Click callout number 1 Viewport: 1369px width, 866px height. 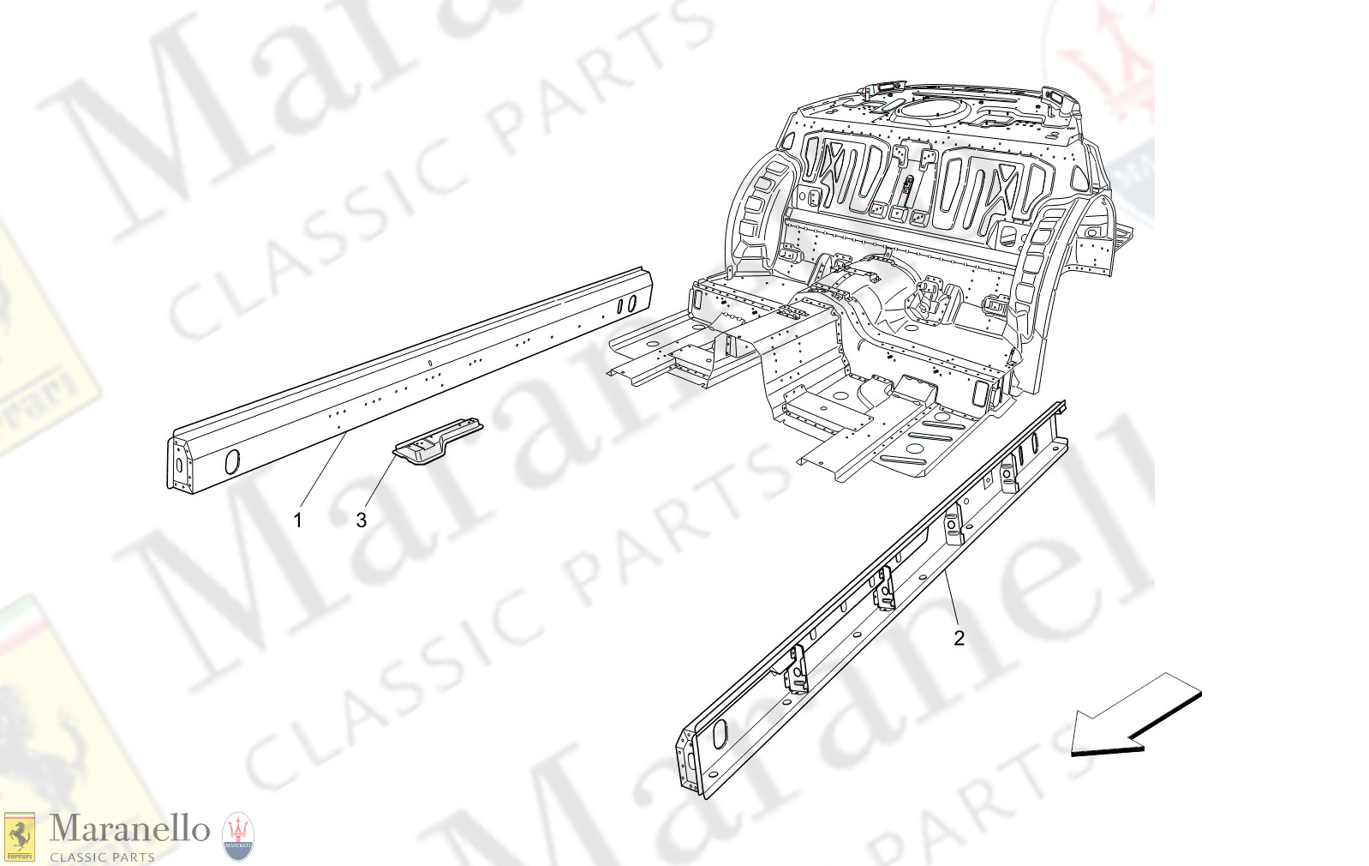[297, 520]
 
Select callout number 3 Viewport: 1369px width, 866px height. [362, 520]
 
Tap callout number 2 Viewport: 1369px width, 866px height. [959, 638]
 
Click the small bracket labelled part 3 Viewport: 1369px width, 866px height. [437, 440]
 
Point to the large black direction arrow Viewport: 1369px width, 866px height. [1135, 716]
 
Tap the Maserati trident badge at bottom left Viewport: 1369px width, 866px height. [238, 837]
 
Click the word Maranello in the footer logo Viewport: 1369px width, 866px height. [129, 828]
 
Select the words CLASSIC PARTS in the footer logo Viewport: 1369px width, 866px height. [102, 857]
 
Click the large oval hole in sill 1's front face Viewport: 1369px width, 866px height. [231, 461]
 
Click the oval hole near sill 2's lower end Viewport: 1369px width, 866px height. [720, 733]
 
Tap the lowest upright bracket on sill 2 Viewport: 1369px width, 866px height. [798, 670]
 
